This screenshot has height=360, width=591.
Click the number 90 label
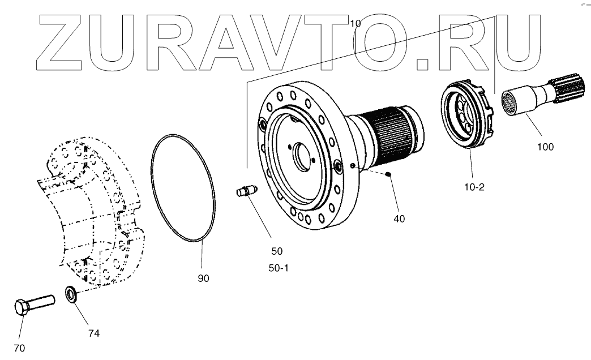(x=204, y=278)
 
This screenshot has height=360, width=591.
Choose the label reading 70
(x=20, y=348)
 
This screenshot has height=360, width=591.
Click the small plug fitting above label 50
(x=246, y=192)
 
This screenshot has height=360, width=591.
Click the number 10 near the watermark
(x=355, y=24)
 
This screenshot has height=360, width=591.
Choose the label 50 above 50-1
(x=277, y=251)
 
